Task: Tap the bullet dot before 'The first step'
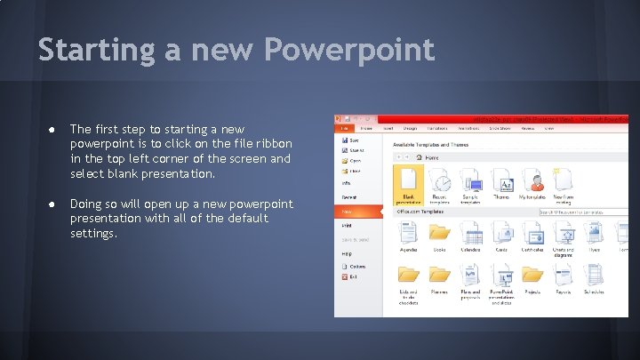click(x=53, y=130)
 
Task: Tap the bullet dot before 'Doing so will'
click(x=53, y=204)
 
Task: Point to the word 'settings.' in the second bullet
click(x=93, y=234)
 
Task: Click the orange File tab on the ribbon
click(x=343, y=127)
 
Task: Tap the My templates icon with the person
click(x=533, y=182)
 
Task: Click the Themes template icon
click(x=502, y=182)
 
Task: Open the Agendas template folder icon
click(x=408, y=233)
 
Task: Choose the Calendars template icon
click(x=471, y=233)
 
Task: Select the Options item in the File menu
click(x=355, y=266)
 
